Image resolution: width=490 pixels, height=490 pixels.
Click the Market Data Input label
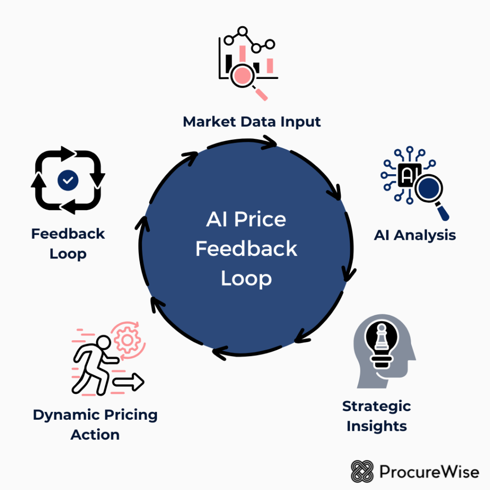pos(252,122)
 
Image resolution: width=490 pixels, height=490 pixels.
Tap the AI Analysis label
pos(414,235)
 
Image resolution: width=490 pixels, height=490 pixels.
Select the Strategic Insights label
pos(377,416)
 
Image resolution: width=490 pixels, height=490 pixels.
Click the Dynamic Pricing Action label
pos(95,424)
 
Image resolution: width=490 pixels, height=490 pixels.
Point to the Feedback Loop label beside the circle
pos(68,244)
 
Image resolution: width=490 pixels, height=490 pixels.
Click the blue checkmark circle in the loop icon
pos(68,180)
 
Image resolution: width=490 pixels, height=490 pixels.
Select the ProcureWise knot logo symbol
pos(362,471)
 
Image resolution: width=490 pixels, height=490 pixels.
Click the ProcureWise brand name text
pos(429,472)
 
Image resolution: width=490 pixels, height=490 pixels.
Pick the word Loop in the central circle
pos(246,278)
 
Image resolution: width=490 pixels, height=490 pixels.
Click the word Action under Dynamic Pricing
pos(95,434)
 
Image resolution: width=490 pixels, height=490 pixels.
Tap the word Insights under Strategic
pos(377,426)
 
